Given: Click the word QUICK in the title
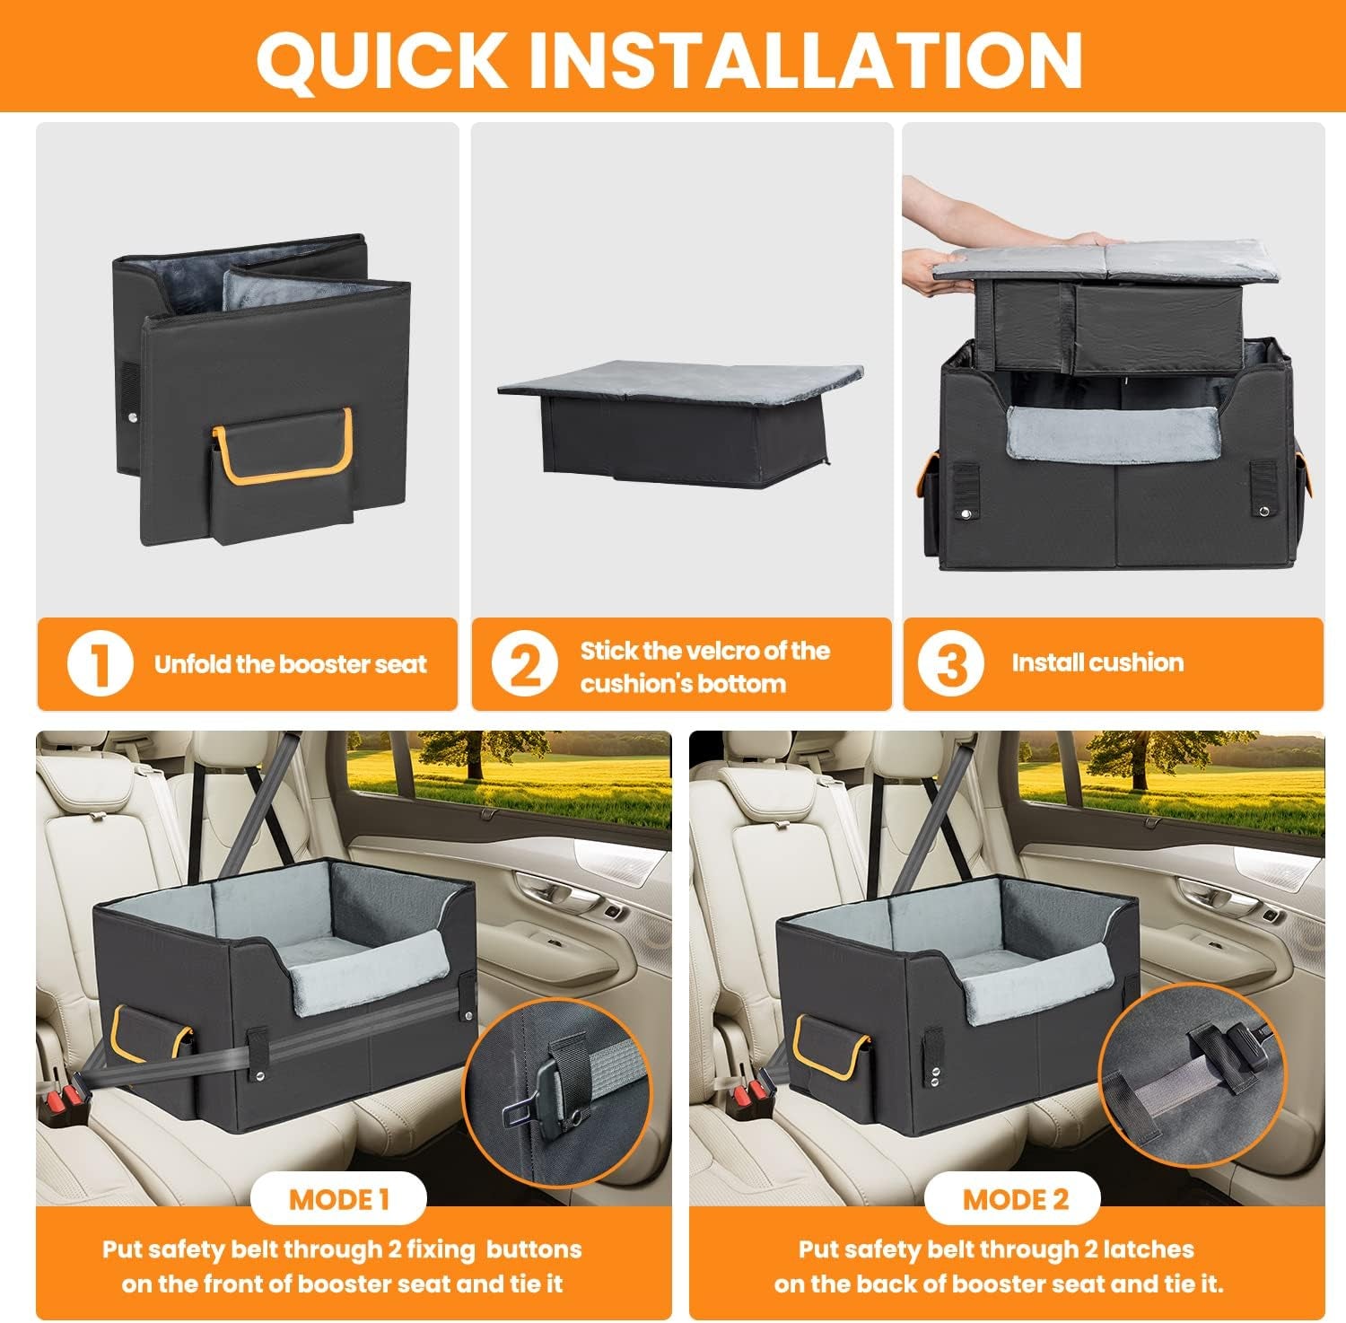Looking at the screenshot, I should [x=382, y=59].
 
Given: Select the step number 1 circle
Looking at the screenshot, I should [x=100, y=664].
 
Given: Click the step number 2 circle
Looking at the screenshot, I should [x=525, y=666].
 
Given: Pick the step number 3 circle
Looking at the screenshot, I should [x=950, y=664].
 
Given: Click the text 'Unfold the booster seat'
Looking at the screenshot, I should [x=290, y=665].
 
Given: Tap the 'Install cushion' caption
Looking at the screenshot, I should [x=1097, y=663].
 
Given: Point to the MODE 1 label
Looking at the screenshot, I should [x=339, y=1199].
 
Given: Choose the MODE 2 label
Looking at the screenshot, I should [x=1015, y=1199].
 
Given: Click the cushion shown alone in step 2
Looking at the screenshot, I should [x=680, y=417].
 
